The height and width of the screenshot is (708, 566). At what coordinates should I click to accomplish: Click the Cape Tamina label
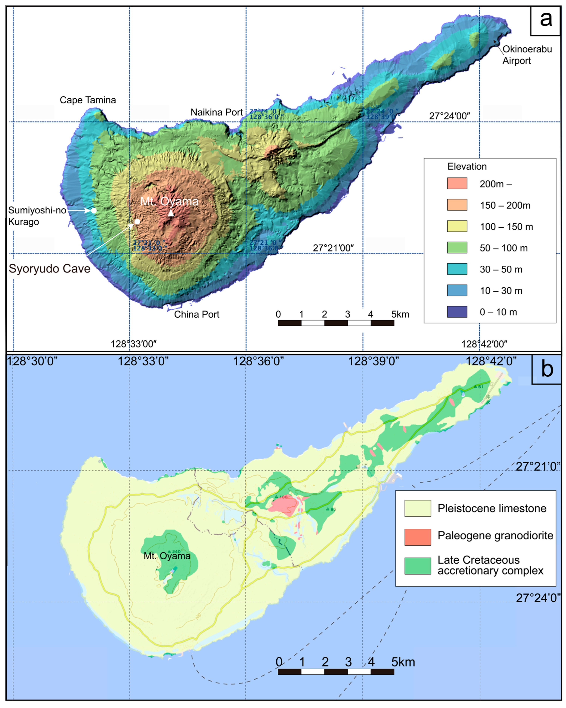coord(88,100)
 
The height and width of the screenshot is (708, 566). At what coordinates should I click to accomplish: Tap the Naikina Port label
coord(216,112)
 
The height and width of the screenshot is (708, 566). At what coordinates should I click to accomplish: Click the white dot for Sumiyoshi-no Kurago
coord(94,210)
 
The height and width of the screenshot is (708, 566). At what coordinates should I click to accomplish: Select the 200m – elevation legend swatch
coord(457,183)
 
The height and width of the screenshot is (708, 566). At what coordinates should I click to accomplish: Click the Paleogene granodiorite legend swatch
coord(418,537)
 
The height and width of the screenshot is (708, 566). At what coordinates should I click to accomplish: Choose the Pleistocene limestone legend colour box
coord(418,508)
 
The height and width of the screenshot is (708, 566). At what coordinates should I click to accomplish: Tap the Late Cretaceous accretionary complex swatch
coord(418,566)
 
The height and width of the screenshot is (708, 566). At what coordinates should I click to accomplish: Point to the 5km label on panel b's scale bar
coord(403,662)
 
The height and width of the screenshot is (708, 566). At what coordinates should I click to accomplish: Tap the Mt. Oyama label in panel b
coord(167,556)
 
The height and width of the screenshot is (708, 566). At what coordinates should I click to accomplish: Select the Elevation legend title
coord(467,167)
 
